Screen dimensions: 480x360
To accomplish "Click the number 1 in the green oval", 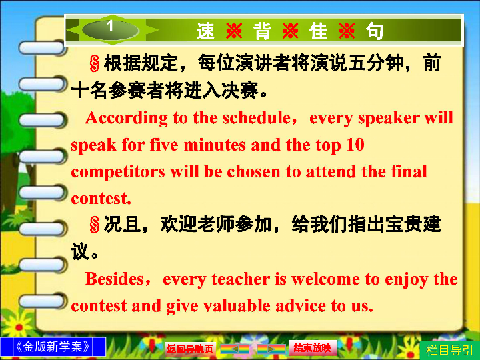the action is (110, 26).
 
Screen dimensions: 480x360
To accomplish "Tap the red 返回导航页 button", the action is (190, 349).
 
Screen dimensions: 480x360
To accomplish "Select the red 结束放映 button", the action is (313, 348).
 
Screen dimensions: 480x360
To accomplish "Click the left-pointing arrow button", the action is (235, 349).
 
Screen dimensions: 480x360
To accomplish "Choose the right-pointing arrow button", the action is (271, 349).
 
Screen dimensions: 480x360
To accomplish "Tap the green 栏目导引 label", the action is (449, 350).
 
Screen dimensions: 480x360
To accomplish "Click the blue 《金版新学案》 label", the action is (53, 347).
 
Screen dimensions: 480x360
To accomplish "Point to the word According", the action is (127, 119).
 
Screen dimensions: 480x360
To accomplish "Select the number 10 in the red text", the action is (355, 145).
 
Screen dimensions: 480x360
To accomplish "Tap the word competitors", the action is (118, 172).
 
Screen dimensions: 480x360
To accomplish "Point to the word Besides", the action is (115, 279).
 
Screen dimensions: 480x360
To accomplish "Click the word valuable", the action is (236, 306).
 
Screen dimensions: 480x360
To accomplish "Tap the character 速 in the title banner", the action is (205, 31).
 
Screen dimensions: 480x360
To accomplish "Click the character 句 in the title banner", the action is (375, 31).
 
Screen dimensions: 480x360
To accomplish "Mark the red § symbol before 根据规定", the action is (95, 64).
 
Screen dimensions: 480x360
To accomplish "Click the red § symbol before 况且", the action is (95, 225).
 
